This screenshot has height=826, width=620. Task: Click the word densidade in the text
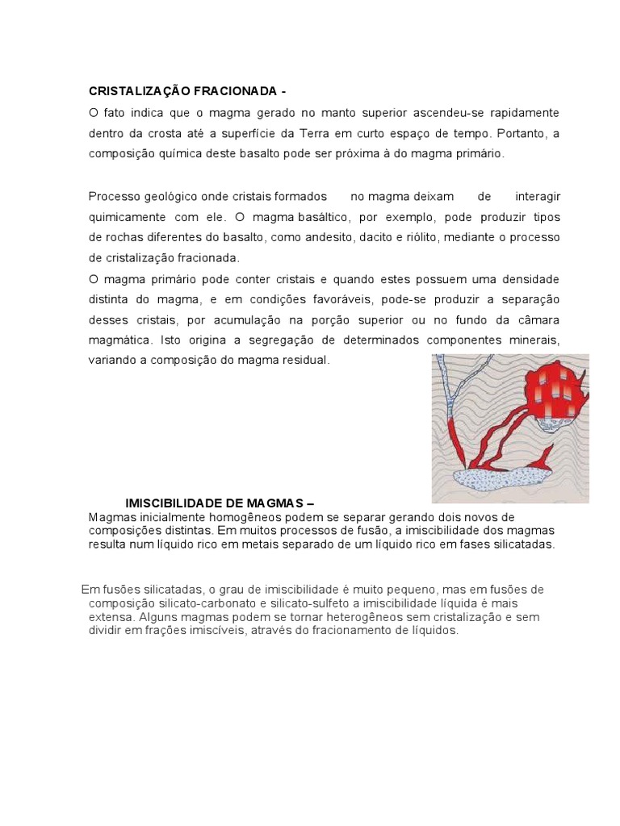coord(529,279)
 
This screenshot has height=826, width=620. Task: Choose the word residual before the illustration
coord(304,360)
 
